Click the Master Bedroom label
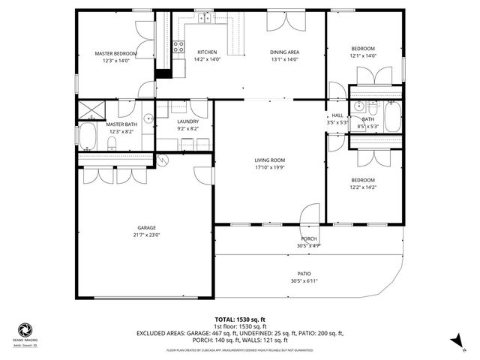coord(115,54)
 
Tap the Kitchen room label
coord(208,52)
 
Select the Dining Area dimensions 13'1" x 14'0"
coord(285,59)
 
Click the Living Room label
coord(269,160)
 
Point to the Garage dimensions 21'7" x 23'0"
coord(146,234)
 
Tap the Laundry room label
coord(187,121)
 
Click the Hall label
coord(337,115)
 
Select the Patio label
coord(304,274)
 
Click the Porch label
coord(308,238)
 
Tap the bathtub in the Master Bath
coord(88,137)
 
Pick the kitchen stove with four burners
coord(179,49)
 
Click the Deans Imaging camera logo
coord(25,330)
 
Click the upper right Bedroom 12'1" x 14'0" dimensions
coord(363,55)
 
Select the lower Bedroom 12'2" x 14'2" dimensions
coord(363,187)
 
